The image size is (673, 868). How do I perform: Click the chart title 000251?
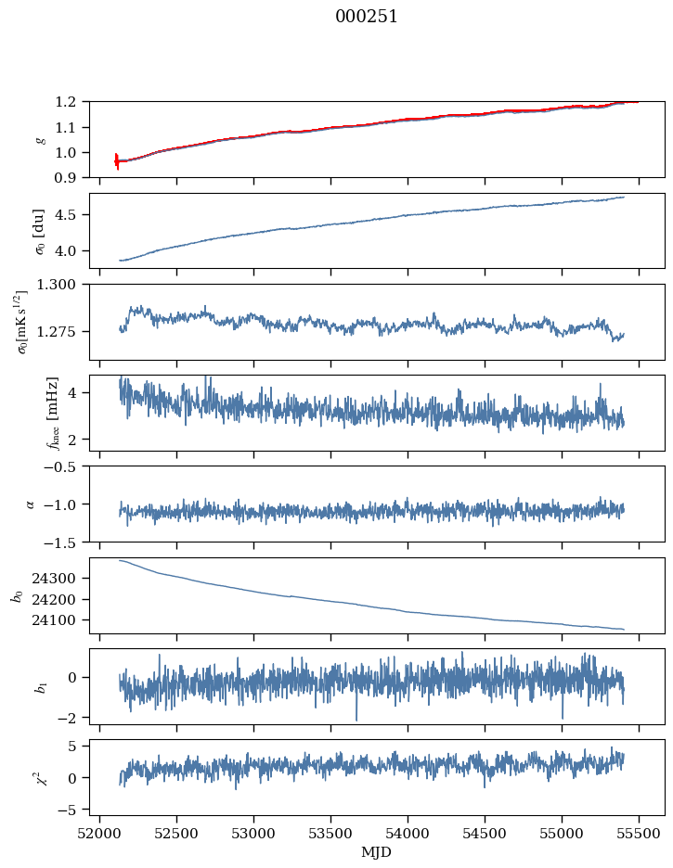click(x=367, y=17)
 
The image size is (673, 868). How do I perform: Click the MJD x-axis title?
click(x=377, y=851)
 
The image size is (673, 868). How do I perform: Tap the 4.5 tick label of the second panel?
click(x=72, y=215)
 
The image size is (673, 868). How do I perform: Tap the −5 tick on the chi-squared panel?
click(x=72, y=810)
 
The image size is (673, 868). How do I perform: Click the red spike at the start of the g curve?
click(x=117, y=161)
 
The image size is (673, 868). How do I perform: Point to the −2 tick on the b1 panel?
click(x=72, y=718)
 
